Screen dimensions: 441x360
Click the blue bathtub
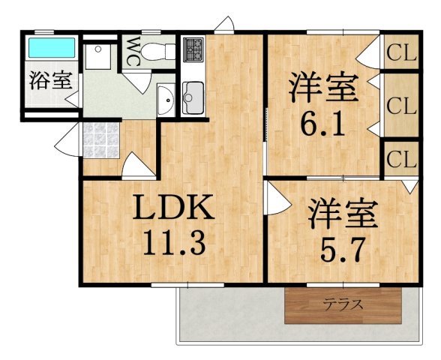[52, 47]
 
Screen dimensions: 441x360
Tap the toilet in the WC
[158, 52]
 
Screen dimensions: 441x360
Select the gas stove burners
[193, 49]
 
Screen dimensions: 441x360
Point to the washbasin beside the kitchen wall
[166, 99]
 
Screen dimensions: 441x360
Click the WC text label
[132, 52]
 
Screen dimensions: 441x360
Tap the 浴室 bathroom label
[51, 80]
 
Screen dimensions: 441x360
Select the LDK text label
[173, 207]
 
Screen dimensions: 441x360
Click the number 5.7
[343, 249]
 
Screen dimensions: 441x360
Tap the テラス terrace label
[343, 304]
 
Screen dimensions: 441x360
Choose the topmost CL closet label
[401, 52]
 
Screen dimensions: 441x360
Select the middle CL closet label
[401, 106]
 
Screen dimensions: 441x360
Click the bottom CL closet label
[401, 160]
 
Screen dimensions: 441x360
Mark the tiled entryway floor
[101, 140]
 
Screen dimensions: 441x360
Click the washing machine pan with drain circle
[98, 56]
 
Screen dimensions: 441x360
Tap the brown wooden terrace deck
[343, 306]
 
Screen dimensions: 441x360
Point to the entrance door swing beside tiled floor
[67, 139]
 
